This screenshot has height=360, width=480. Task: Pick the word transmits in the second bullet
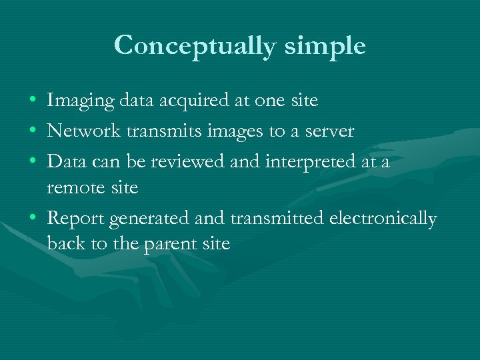152,131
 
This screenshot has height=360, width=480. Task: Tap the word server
327,131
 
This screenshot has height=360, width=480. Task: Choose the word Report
75,218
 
